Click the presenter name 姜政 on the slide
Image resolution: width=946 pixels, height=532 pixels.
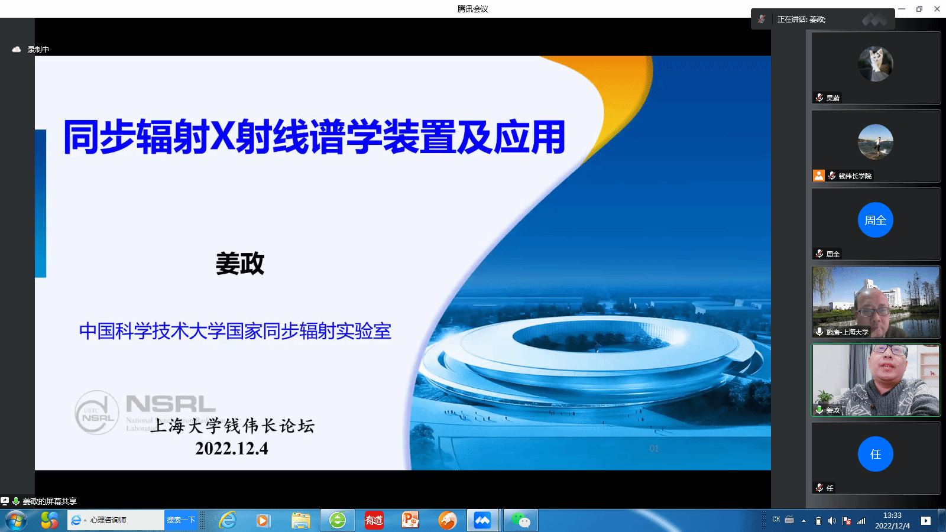[x=240, y=264]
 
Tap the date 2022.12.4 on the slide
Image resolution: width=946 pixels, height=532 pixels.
[x=232, y=449]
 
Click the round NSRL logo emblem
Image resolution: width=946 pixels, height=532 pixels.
[x=96, y=413]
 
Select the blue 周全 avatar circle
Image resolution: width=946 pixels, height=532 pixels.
[x=875, y=220]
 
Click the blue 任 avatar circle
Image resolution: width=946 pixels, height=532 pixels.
[x=875, y=454]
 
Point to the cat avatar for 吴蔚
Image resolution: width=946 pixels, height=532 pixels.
[x=875, y=64]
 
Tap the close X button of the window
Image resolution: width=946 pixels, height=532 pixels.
[x=937, y=9]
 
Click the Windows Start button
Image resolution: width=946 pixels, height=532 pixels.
[x=16, y=521]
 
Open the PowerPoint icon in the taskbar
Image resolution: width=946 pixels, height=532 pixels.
[x=410, y=520]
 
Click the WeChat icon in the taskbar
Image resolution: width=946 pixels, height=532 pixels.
[x=520, y=520]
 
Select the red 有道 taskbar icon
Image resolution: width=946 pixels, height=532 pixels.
[x=374, y=520]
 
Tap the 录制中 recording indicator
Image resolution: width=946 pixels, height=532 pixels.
[x=38, y=50]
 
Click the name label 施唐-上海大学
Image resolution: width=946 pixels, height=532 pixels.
[x=847, y=332]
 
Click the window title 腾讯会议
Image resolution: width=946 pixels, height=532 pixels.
[x=472, y=9]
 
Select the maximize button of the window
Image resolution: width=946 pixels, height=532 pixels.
[x=919, y=9]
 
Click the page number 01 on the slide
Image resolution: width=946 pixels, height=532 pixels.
[x=654, y=449]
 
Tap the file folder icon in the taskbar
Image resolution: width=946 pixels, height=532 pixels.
[x=301, y=520]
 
